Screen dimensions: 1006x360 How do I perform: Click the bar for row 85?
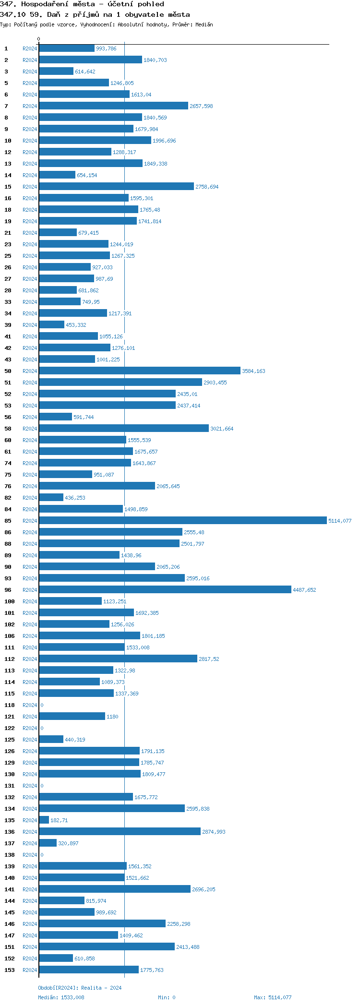click(x=182, y=521)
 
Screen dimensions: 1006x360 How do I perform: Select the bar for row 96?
click(x=165, y=590)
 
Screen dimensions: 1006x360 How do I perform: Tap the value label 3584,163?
click(x=253, y=371)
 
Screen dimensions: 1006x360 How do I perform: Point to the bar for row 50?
click(x=139, y=371)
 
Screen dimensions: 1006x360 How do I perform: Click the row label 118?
click(x=10, y=705)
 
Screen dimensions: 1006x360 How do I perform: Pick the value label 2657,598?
click(x=201, y=106)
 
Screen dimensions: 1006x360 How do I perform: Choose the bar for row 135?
click(x=44, y=820)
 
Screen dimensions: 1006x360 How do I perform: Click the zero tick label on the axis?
click(x=39, y=39)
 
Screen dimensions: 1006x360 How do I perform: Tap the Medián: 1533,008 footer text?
click(x=61, y=997)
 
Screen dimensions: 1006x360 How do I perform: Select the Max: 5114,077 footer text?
click(x=273, y=997)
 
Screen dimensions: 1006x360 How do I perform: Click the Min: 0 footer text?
click(x=167, y=997)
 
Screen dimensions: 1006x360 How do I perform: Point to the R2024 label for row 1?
click(x=30, y=48)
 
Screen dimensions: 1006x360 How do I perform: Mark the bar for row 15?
click(x=116, y=187)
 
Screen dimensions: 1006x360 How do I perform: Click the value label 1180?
click(x=112, y=717)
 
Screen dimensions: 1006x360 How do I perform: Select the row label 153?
click(x=10, y=970)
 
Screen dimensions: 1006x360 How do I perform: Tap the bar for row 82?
click(x=51, y=498)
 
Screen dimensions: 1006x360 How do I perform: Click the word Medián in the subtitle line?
click(x=204, y=24)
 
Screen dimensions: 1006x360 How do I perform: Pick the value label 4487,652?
click(x=304, y=590)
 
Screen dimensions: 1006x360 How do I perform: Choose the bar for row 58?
click(x=124, y=429)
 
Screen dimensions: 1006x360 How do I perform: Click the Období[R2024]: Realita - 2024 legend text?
click(x=80, y=988)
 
